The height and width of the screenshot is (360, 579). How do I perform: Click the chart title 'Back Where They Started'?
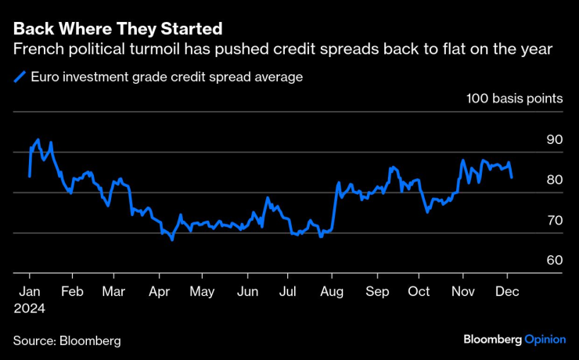[x=117, y=29]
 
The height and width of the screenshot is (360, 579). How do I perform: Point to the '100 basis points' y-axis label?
[x=514, y=99]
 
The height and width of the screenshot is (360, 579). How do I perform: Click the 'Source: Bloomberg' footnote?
[x=67, y=340]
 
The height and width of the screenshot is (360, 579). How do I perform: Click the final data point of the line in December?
[x=512, y=178]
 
